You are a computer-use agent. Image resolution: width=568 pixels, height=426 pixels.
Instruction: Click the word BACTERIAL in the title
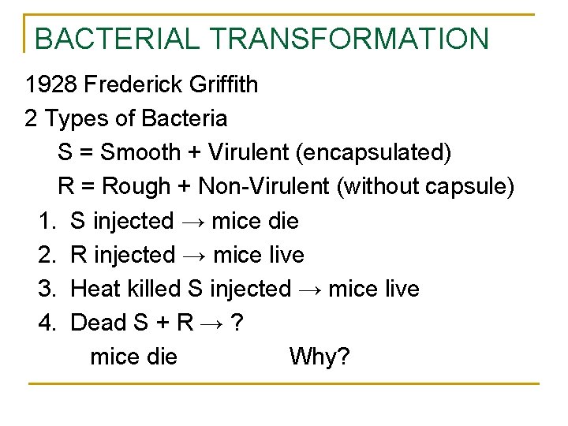[111, 39]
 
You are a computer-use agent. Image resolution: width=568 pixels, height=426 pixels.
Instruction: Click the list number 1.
[44, 221]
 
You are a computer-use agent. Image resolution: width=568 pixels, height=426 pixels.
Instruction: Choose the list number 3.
[45, 289]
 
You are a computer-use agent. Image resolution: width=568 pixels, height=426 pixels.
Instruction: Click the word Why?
[319, 357]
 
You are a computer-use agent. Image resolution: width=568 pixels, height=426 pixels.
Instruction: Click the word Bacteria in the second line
[184, 118]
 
